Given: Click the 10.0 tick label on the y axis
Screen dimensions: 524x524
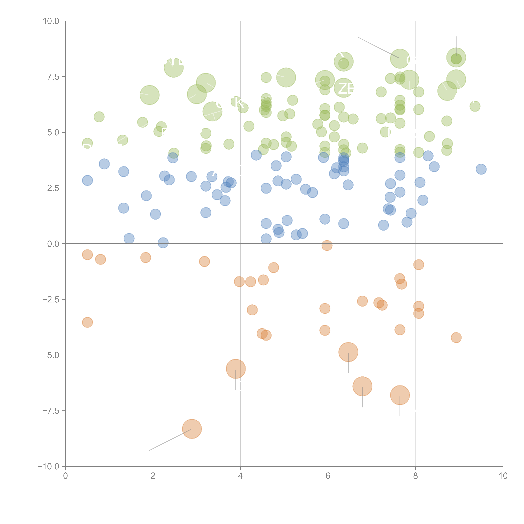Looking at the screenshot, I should [51, 21].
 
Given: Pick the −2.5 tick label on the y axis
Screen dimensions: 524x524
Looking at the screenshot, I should [50, 299].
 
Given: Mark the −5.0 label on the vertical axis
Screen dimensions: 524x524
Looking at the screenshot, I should [50, 355].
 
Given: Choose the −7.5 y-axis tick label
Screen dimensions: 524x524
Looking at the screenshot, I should [50, 411].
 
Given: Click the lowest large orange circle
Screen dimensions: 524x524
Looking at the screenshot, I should [192, 429].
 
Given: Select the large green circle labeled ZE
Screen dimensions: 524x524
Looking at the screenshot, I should [344, 88].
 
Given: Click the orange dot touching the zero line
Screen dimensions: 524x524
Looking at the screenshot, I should [327, 245].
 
